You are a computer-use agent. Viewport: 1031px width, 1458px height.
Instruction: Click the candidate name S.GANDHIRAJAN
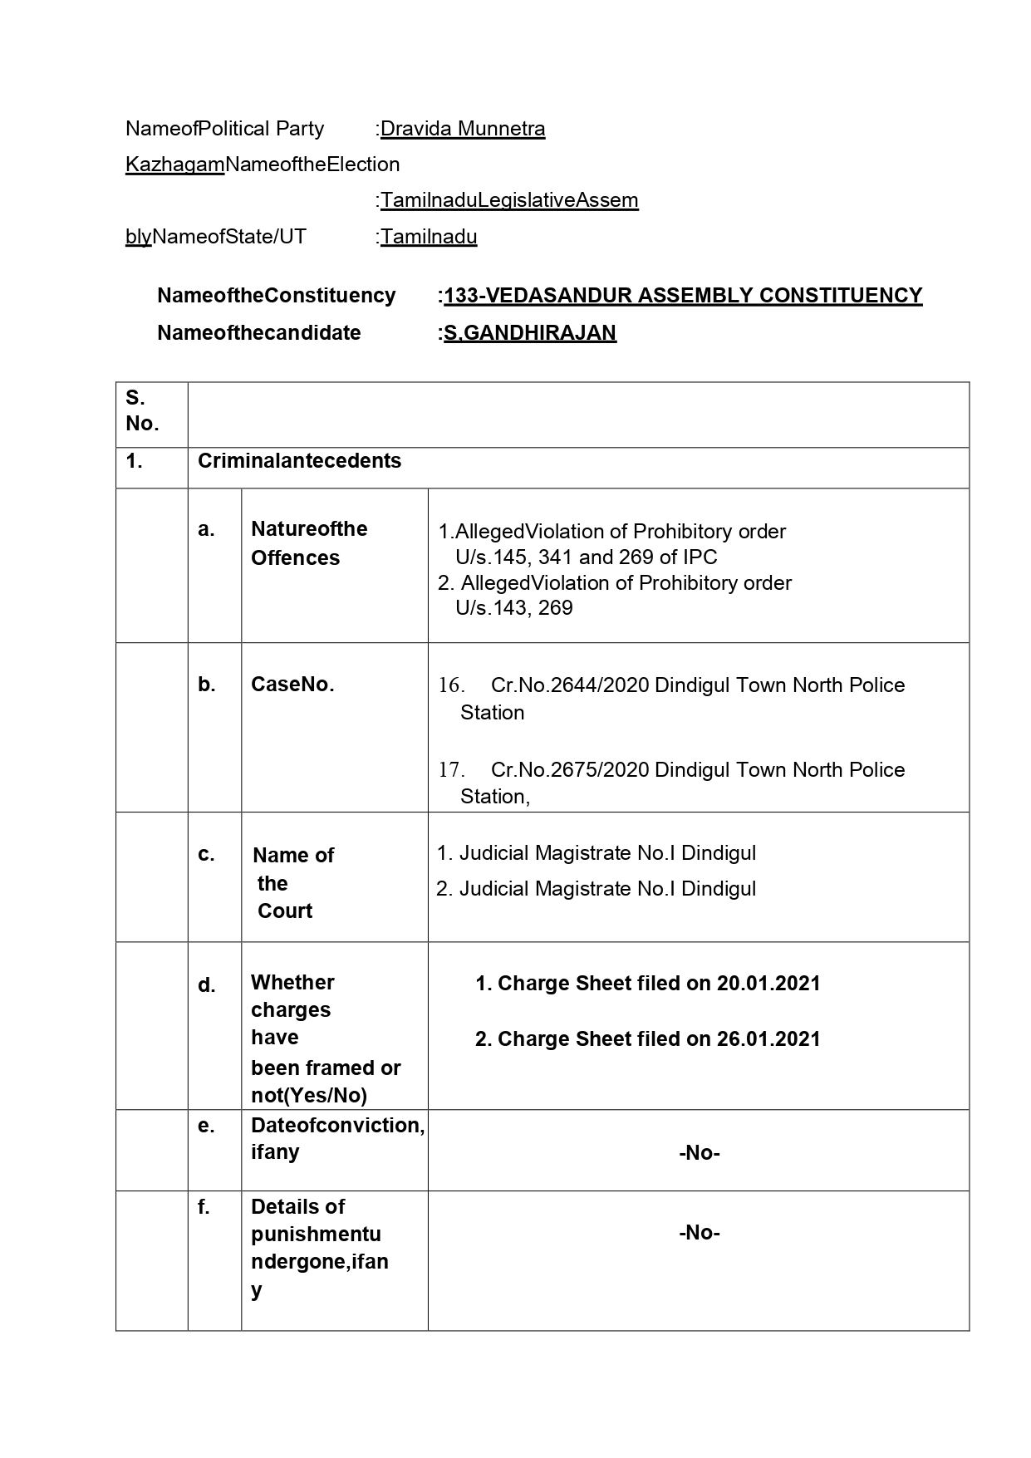(529, 333)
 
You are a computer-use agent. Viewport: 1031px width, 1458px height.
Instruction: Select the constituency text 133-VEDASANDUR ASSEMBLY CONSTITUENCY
(683, 296)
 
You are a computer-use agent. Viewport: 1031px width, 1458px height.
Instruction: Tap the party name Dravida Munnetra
(463, 129)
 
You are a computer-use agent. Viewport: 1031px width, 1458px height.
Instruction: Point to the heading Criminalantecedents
(299, 461)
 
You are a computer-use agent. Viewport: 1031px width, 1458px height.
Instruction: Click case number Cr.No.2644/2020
(570, 685)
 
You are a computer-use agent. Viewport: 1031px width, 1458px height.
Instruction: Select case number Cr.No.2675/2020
(570, 770)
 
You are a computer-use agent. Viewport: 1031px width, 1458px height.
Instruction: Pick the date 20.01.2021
(768, 984)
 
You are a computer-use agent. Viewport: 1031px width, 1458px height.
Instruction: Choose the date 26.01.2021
(768, 1039)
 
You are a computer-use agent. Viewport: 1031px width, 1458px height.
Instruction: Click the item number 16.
(450, 685)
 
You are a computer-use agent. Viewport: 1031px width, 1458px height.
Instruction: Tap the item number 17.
(450, 770)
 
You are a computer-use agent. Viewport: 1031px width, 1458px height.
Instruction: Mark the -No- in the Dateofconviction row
(699, 1153)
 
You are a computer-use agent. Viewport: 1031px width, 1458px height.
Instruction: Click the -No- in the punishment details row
(699, 1233)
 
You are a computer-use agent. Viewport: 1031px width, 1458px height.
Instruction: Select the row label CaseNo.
(292, 685)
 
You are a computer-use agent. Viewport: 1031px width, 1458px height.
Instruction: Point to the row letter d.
(206, 986)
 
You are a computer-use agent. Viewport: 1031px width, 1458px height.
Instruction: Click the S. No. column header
(142, 410)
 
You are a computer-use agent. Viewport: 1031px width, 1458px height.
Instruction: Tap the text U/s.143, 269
(513, 608)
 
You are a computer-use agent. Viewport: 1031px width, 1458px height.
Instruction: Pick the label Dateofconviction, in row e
(337, 1126)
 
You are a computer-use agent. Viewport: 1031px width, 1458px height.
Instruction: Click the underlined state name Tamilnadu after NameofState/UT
(429, 237)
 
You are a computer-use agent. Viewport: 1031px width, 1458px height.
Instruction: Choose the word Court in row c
(285, 911)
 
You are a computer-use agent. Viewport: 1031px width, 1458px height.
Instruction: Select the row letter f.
(204, 1207)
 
